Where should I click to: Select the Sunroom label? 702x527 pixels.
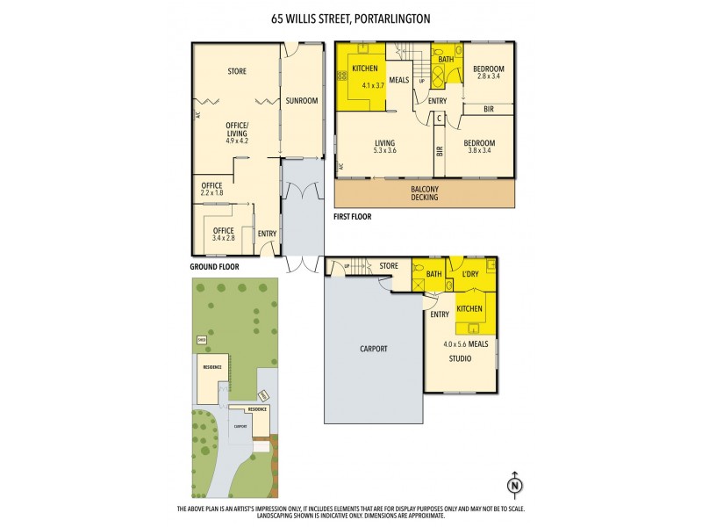[301, 101]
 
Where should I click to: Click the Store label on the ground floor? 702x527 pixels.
[236, 71]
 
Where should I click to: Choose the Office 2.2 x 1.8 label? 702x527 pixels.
[211, 189]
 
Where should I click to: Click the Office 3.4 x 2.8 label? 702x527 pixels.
[224, 234]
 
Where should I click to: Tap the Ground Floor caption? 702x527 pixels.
[214, 266]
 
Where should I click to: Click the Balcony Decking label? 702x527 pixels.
[424, 192]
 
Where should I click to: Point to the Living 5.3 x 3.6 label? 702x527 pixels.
[384, 148]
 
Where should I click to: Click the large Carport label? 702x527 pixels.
[374, 349]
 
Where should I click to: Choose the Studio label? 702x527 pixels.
[461, 358]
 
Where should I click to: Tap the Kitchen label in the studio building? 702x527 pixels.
[469, 308]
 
